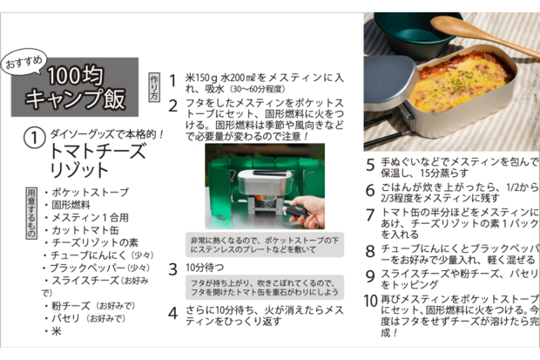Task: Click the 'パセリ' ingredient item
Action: (67, 318)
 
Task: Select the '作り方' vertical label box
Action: (154, 85)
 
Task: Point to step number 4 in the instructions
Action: (172, 311)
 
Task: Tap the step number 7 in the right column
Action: (369, 214)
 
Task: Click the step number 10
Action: (370, 301)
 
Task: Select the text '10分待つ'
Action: (204, 268)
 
